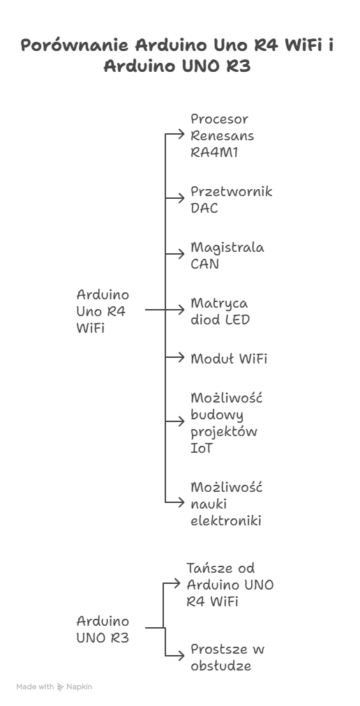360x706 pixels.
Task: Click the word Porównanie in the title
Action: coord(74,47)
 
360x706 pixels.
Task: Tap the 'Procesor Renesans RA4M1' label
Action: coord(222,136)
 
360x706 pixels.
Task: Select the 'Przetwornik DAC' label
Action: coord(231,200)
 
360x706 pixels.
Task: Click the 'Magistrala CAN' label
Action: coord(227,256)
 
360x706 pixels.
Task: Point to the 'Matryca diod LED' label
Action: coord(220,312)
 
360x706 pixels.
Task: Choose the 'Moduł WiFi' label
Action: coord(229,359)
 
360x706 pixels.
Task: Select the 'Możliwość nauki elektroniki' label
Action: coord(226,504)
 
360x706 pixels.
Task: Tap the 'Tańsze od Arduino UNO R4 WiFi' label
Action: coord(230,585)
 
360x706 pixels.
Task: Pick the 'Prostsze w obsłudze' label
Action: coord(227,658)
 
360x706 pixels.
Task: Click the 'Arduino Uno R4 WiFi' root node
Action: coord(103,312)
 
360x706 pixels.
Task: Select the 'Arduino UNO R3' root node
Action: coord(103,629)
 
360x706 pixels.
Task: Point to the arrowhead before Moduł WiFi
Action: coord(181,359)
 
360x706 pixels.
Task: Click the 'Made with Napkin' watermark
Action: coord(54,687)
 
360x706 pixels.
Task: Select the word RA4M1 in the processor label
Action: coord(214,153)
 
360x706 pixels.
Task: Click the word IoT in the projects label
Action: coord(202,449)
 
